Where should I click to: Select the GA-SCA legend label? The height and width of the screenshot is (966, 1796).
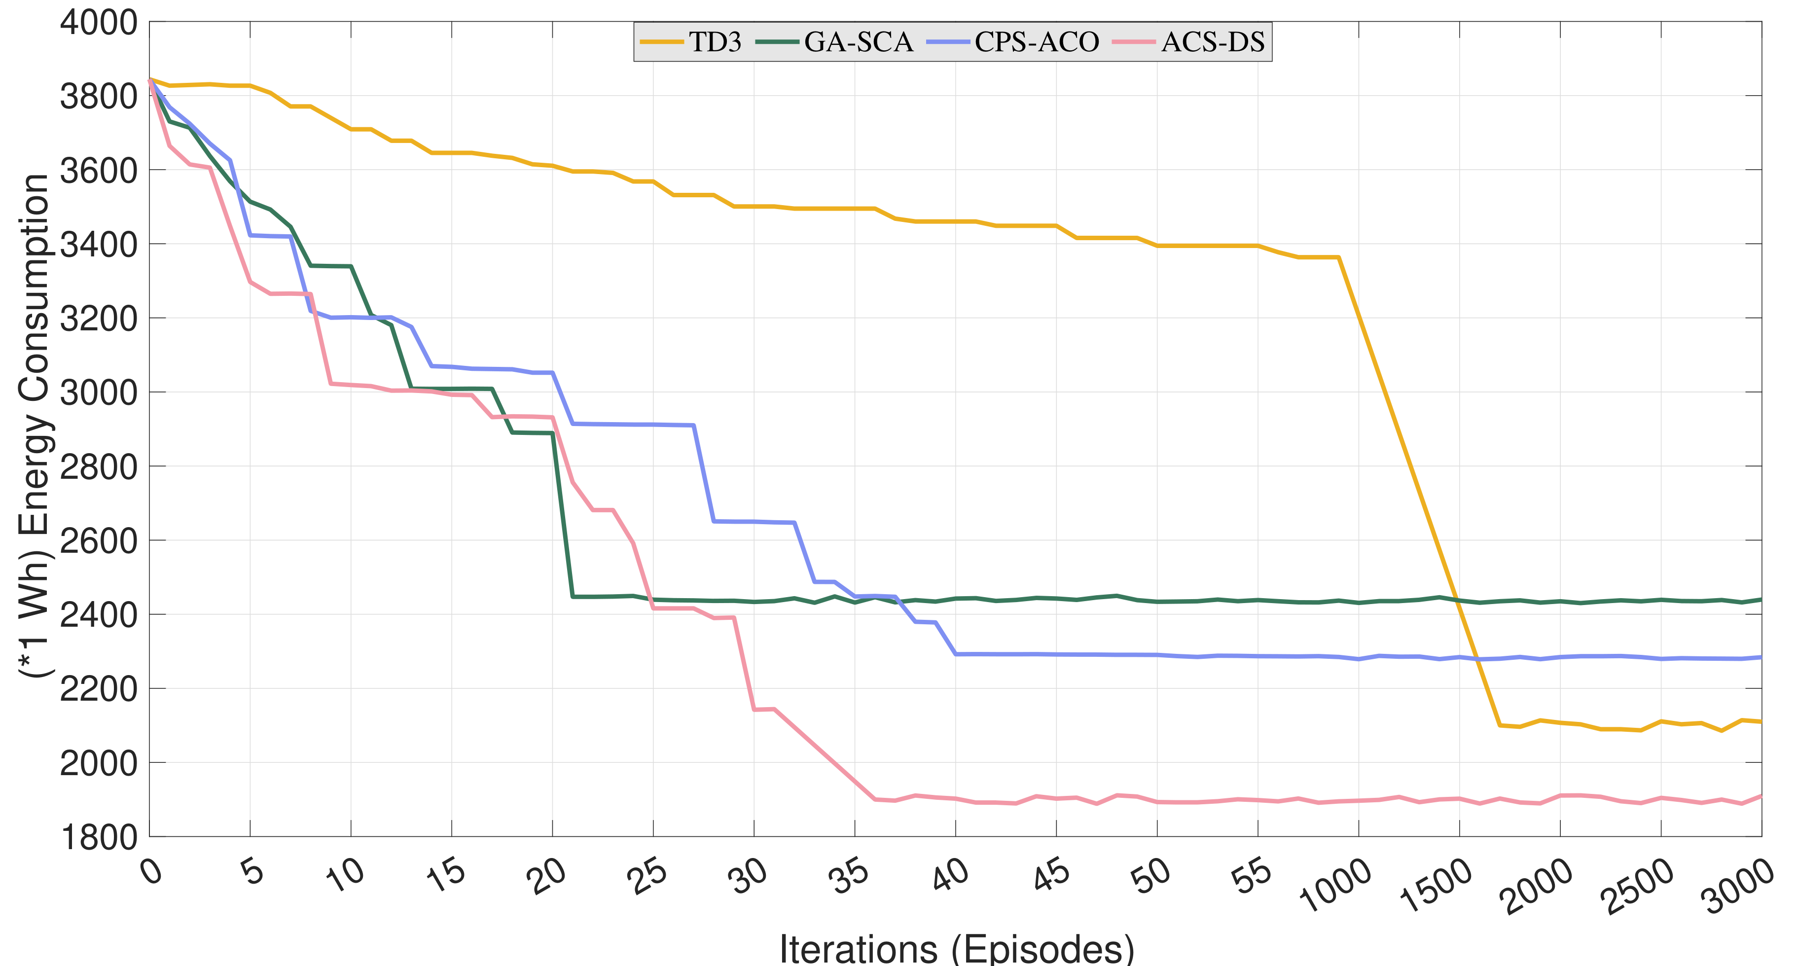(858, 42)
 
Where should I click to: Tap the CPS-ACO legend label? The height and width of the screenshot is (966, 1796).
(1037, 42)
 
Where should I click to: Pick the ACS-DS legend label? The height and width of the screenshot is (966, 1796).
(1213, 42)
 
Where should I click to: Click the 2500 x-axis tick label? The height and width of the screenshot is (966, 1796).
(1638, 885)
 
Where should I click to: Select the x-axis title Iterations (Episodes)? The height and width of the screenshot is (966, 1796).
(957, 948)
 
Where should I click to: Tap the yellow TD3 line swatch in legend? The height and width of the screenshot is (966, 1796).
(662, 42)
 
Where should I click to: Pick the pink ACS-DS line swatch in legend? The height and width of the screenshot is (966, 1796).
(1134, 42)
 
